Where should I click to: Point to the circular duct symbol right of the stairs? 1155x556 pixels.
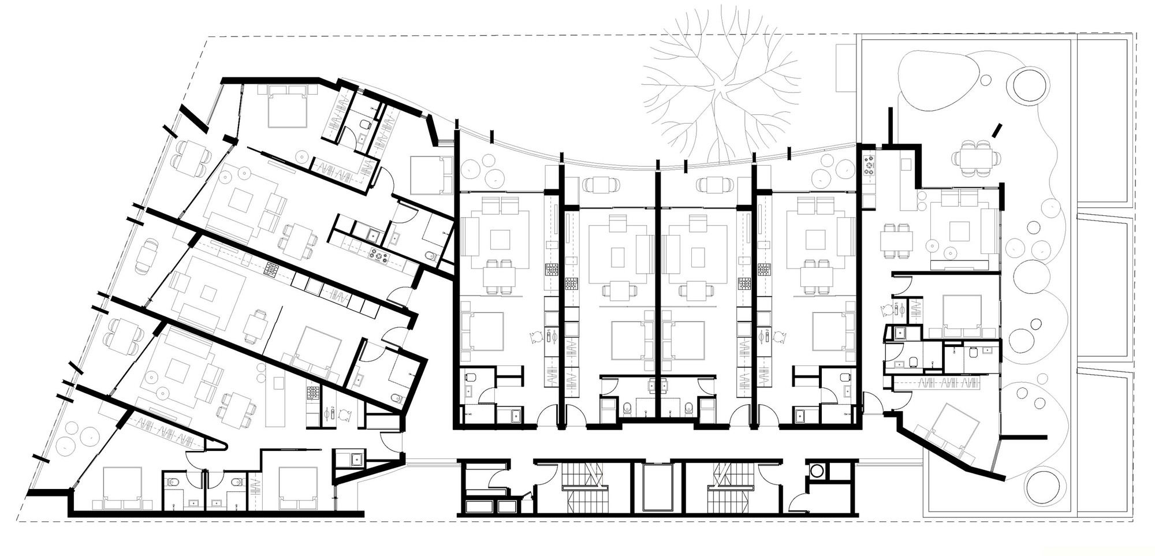pos(817,471)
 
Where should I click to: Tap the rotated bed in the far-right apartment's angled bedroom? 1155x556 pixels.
pos(953,427)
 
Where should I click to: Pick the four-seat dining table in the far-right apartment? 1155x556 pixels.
pos(896,240)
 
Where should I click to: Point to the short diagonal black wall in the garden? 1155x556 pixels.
pos(997,130)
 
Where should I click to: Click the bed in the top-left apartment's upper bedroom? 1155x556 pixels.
pos(288,107)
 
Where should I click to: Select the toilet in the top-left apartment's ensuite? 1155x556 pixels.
pos(365,124)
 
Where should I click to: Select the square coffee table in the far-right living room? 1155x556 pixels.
pos(959,232)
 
